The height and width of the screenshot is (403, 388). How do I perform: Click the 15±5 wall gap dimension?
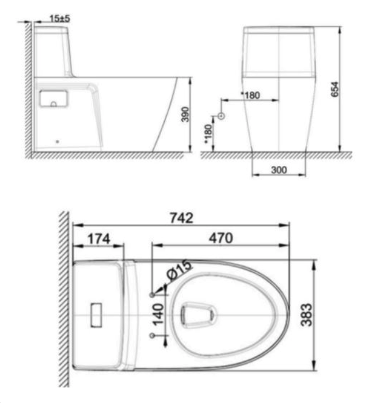pos(59,18)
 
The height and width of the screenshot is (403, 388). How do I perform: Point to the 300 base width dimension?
pos(279,170)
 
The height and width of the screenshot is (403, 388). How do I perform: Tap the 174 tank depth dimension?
pos(98,238)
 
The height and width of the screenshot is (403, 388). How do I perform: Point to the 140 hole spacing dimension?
pos(159,314)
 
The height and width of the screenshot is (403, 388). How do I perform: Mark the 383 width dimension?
pos(307,315)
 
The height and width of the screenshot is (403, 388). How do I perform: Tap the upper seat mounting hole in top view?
pos(152,295)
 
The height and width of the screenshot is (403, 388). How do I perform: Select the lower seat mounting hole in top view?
pos(152,334)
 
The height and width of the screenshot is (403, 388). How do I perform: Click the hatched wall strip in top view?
pos(63,299)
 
